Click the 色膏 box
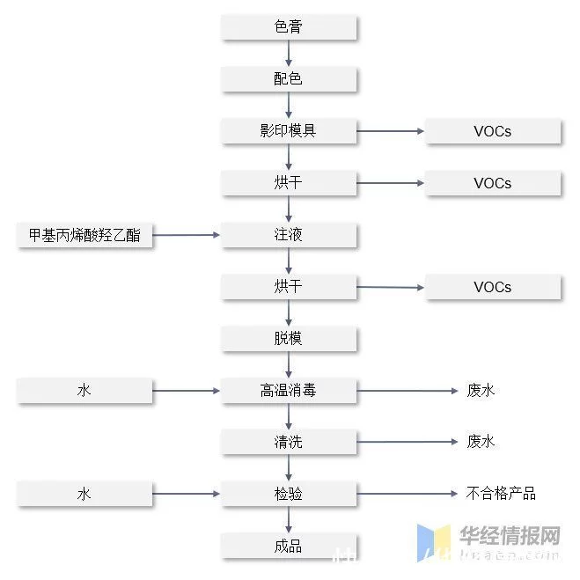tap(289, 27)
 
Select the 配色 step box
tap(289, 79)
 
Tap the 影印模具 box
tap(289, 131)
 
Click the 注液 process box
tap(289, 235)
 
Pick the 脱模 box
tap(289, 338)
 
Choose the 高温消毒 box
tap(289, 390)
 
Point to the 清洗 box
tap(289, 442)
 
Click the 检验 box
tap(289, 494)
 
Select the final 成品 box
tap(289, 546)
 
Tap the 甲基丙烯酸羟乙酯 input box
tap(84, 235)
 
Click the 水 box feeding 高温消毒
tap(84, 390)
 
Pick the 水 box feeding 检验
tap(84, 494)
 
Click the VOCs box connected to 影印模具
tap(493, 132)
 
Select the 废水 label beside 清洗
tap(481, 442)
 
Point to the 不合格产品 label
tap(500, 493)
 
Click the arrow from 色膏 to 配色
tap(289, 53)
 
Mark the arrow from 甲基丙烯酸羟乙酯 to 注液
tap(187, 235)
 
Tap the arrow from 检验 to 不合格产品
tap(405, 494)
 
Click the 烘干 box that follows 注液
tap(289, 287)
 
